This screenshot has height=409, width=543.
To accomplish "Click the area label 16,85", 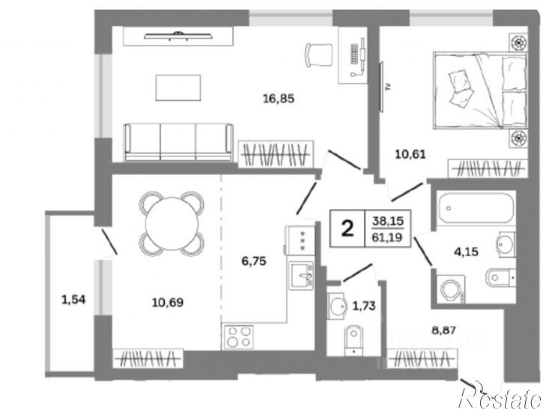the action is click(x=279, y=99).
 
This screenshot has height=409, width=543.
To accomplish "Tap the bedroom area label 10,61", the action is click(x=410, y=154).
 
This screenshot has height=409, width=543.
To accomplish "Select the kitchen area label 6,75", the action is click(x=254, y=261).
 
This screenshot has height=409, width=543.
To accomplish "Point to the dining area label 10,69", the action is click(x=168, y=303).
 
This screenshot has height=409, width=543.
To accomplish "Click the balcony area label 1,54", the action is click(x=73, y=299).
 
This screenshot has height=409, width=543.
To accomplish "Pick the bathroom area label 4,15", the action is click(x=466, y=252).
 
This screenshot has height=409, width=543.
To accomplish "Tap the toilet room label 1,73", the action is click(x=363, y=306).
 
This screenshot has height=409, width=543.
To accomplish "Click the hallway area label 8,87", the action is click(x=443, y=330).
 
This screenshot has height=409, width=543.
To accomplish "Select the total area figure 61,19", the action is click(x=387, y=238).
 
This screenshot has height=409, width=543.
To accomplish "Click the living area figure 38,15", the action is click(x=388, y=221).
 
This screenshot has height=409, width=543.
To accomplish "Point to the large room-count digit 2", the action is click(x=348, y=229).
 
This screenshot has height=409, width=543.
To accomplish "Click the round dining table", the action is click(x=172, y=224).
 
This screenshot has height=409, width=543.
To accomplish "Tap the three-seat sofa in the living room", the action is click(x=178, y=142).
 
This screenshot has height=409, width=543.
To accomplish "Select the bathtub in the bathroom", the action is click(x=476, y=208).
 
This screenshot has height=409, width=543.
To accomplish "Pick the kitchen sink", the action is click(x=303, y=275).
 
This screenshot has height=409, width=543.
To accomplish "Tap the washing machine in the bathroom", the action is click(x=451, y=289).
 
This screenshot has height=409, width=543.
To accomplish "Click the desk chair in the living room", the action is click(x=318, y=55).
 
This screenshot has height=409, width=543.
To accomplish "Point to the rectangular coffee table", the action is click(x=178, y=87).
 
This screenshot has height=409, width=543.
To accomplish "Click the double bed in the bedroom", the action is click(x=480, y=90).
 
